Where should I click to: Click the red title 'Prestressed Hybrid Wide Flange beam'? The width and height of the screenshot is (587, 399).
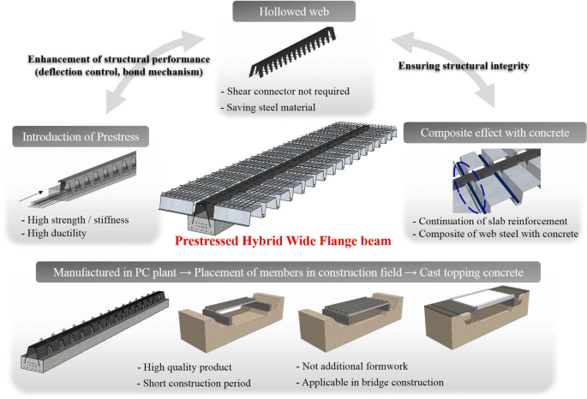tap(293, 241)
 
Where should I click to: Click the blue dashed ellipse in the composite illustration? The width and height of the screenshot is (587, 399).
tap(466, 182)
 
